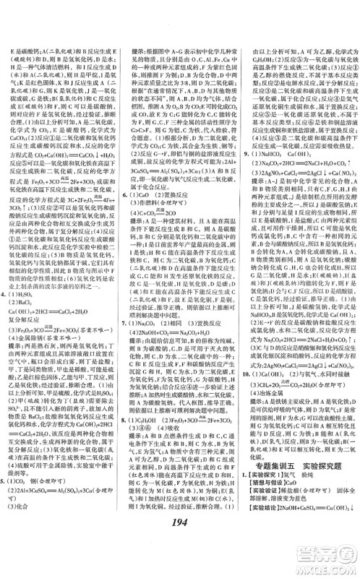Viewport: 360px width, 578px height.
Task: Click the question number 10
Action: point(247,418)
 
